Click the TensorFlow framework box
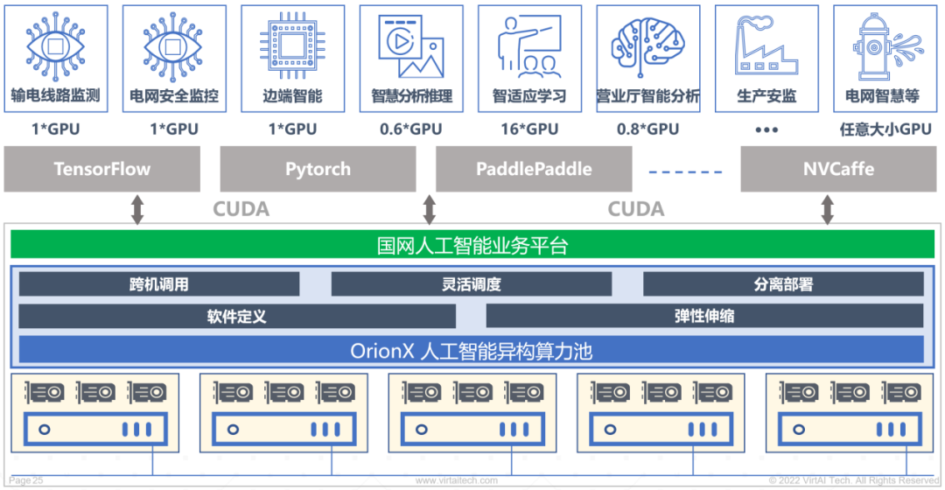click(102, 169)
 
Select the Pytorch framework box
click(318, 169)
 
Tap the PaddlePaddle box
click(534, 169)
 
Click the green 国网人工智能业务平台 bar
click(472, 246)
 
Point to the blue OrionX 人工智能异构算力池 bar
click(472, 350)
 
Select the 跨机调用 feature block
click(159, 284)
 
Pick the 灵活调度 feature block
click(471, 284)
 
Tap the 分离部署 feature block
click(783, 284)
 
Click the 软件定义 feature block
click(236, 316)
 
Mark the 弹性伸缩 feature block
click(704, 316)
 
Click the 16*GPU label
click(529, 129)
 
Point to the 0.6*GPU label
click(411, 129)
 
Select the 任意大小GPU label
click(885, 129)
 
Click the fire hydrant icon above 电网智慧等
click(883, 45)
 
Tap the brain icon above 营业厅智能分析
click(647, 45)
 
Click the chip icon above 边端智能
click(292, 45)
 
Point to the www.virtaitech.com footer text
click(457, 480)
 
